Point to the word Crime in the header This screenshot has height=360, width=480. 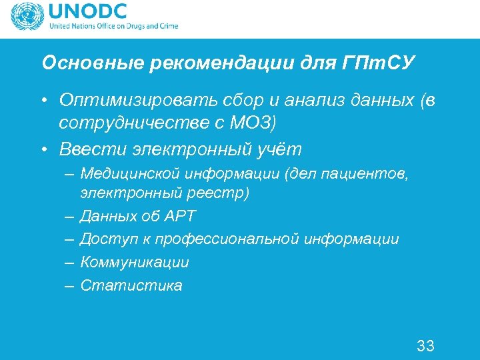[x=167, y=27]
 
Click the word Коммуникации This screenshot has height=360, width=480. [x=135, y=263]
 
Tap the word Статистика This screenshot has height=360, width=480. [x=131, y=286]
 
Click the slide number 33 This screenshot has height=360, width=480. [x=425, y=345]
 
